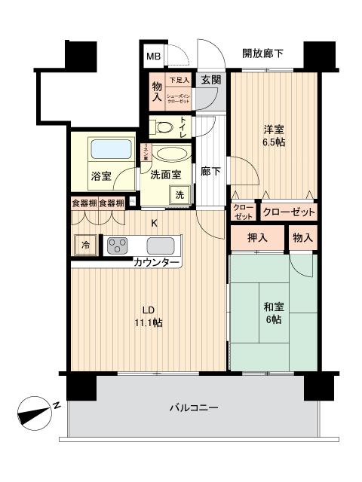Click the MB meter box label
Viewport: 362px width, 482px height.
pyautogui.click(x=153, y=56)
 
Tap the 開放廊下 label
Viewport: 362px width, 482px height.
pyautogui.click(x=262, y=53)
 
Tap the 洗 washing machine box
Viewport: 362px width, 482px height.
pyautogui.click(x=180, y=195)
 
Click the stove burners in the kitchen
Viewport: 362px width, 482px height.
pyautogui.click(x=118, y=245)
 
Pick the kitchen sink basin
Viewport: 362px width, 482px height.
pyautogui.click(x=161, y=246)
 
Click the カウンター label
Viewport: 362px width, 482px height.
pyautogui.click(x=157, y=263)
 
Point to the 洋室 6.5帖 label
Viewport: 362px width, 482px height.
pyautogui.click(x=273, y=135)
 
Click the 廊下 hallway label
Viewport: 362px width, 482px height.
pyautogui.click(x=210, y=172)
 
